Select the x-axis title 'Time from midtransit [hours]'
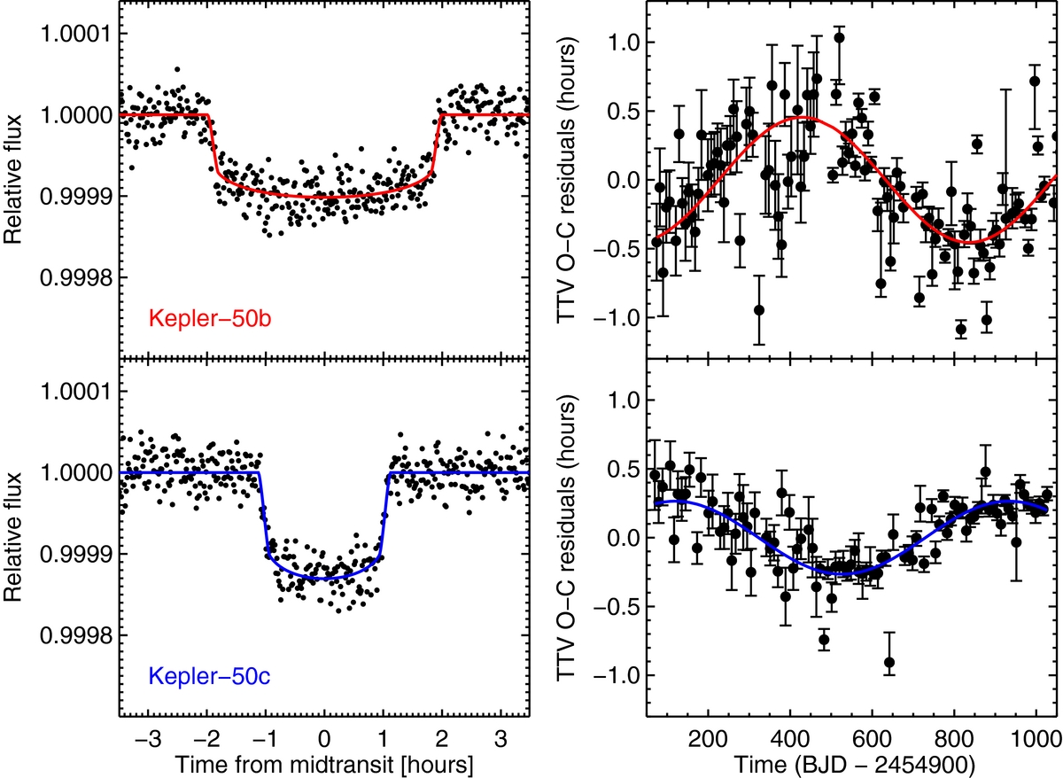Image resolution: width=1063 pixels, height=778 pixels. [x=324, y=761]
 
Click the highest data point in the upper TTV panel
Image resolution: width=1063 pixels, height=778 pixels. [x=839, y=38]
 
